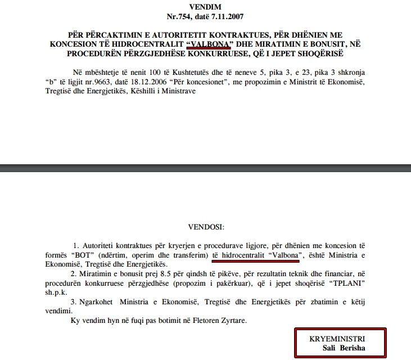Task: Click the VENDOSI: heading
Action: (x=206, y=228)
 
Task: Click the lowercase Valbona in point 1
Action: (x=283, y=255)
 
